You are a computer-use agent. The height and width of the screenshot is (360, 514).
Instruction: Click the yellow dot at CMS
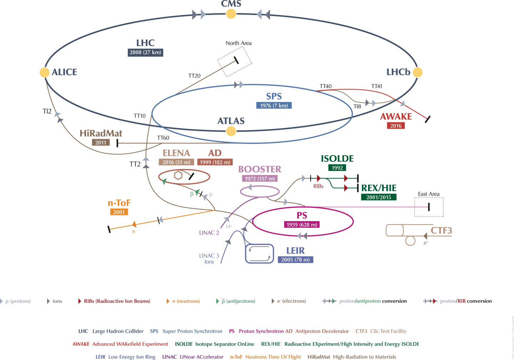click(x=231, y=14)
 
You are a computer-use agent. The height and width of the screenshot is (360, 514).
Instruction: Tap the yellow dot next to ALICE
click(x=44, y=72)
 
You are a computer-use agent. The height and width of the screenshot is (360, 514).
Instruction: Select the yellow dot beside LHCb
click(x=418, y=72)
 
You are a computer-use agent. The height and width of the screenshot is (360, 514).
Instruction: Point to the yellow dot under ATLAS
click(x=231, y=131)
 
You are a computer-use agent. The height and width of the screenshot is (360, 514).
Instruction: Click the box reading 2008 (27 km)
click(x=145, y=52)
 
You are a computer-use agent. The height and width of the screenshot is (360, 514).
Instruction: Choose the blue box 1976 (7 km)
click(x=274, y=105)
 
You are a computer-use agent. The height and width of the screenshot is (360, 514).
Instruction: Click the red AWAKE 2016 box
click(x=396, y=126)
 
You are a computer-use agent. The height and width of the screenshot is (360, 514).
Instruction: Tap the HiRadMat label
click(x=101, y=134)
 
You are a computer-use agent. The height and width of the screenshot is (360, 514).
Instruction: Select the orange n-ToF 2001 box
click(x=119, y=212)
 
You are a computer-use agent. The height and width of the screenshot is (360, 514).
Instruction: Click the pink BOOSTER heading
click(x=259, y=169)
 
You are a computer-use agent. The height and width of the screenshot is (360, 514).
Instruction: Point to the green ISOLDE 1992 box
click(x=337, y=168)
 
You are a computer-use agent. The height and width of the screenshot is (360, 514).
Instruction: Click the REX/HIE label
click(x=379, y=188)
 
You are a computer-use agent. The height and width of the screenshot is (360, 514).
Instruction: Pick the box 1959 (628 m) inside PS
click(x=302, y=225)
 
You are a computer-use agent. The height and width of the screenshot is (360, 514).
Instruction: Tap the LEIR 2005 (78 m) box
click(x=295, y=260)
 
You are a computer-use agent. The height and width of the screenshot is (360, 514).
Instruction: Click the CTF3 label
click(x=441, y=231)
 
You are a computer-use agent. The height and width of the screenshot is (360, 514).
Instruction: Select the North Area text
click(x=238, y=43)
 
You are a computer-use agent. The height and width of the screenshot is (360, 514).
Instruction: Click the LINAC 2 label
click(x=209, y=233)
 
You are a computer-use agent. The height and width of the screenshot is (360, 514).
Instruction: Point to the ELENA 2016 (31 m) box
click(x=176, y=162)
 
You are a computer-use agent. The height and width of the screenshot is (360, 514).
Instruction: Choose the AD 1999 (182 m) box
click(x=215, y=162)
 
